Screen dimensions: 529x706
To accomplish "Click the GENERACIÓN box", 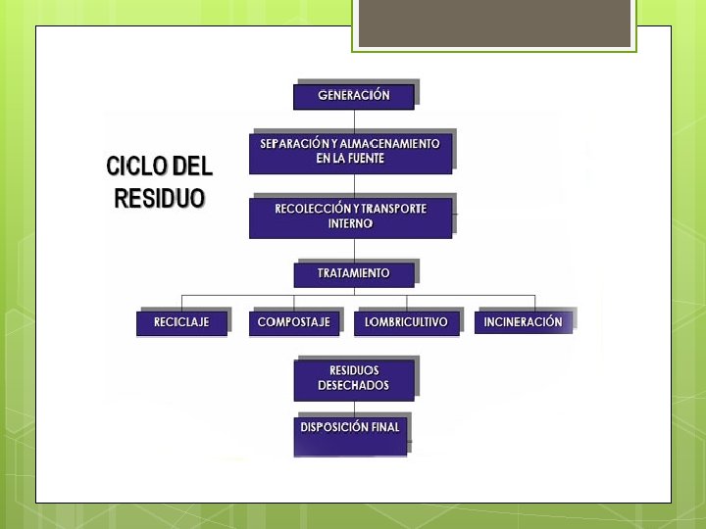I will click(353, 96).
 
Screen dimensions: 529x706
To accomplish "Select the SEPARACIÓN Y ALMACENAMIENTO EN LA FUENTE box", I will click(350, 152).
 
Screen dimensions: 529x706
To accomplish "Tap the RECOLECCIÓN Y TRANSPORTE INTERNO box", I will click(350, 216).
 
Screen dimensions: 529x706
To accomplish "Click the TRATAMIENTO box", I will click(353, 274).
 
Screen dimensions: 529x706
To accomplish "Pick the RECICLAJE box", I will click(181, 322).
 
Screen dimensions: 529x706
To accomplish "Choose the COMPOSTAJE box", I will click(294, 322).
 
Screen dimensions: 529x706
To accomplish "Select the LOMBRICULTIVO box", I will click(406, 322).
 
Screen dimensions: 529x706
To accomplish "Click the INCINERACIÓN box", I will click(523, 322).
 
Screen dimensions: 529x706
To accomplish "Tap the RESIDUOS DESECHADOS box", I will click(353, 379).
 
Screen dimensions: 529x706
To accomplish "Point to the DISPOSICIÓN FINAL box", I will click(350, 435).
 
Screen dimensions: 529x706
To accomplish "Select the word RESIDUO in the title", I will click(160, 199).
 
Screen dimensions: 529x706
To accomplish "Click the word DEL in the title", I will click(192, 167).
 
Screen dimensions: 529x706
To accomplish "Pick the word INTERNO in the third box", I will click(350, 223).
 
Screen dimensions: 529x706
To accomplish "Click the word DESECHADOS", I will click(353, 386).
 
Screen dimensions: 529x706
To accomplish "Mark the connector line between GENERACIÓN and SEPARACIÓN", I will click(354, 119).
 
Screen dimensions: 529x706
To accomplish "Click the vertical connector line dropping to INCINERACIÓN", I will click(534, 302).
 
